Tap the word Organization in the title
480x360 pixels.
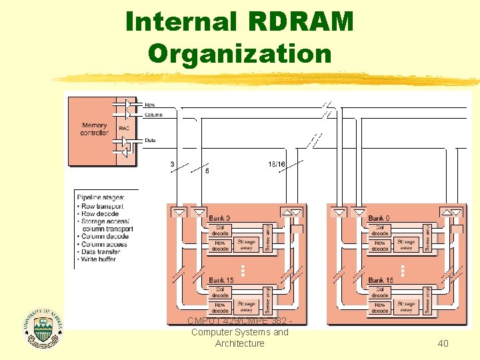coord(240,53)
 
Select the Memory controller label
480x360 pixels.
coord(95,129)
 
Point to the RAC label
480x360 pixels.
coord(124,128)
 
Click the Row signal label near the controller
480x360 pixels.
coord(150,105)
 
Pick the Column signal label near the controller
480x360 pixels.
coord(153,114)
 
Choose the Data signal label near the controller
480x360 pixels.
coord(151,141)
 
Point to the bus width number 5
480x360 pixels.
coord(207,171)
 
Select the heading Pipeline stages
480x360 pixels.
coord(100,197)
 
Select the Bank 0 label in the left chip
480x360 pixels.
coord(219,218)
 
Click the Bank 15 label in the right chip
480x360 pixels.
coord(381,280)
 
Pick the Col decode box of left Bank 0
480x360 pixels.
coord(220,230)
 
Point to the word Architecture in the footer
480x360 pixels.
coord(239,343)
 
